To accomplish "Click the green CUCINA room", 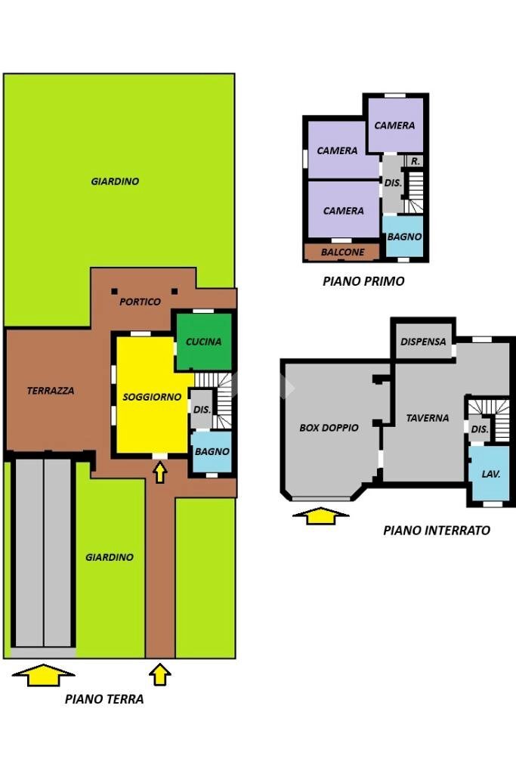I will (204, 342).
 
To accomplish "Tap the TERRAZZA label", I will (51, 391).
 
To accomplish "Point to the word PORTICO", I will (141, 302).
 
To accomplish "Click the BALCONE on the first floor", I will (342, 252).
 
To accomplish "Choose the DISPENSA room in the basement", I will (423, 342).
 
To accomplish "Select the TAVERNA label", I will (427, 417).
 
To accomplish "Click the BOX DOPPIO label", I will (329, 427).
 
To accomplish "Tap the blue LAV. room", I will (491, 474).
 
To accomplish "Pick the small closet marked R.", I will (415, 161).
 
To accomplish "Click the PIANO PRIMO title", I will (363, 281).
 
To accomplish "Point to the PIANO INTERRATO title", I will (436, 530).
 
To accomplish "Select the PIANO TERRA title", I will (104, 699).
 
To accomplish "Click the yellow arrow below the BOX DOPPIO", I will (321, 516).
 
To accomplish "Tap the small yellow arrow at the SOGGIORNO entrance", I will (159, 472).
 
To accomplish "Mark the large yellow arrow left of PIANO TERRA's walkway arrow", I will (44, 674).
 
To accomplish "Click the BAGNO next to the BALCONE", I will (404, 237).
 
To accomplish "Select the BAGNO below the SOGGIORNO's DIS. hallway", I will (212, 451).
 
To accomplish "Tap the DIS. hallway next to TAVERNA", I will (479, 429).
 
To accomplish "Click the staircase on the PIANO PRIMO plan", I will (415, 192).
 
